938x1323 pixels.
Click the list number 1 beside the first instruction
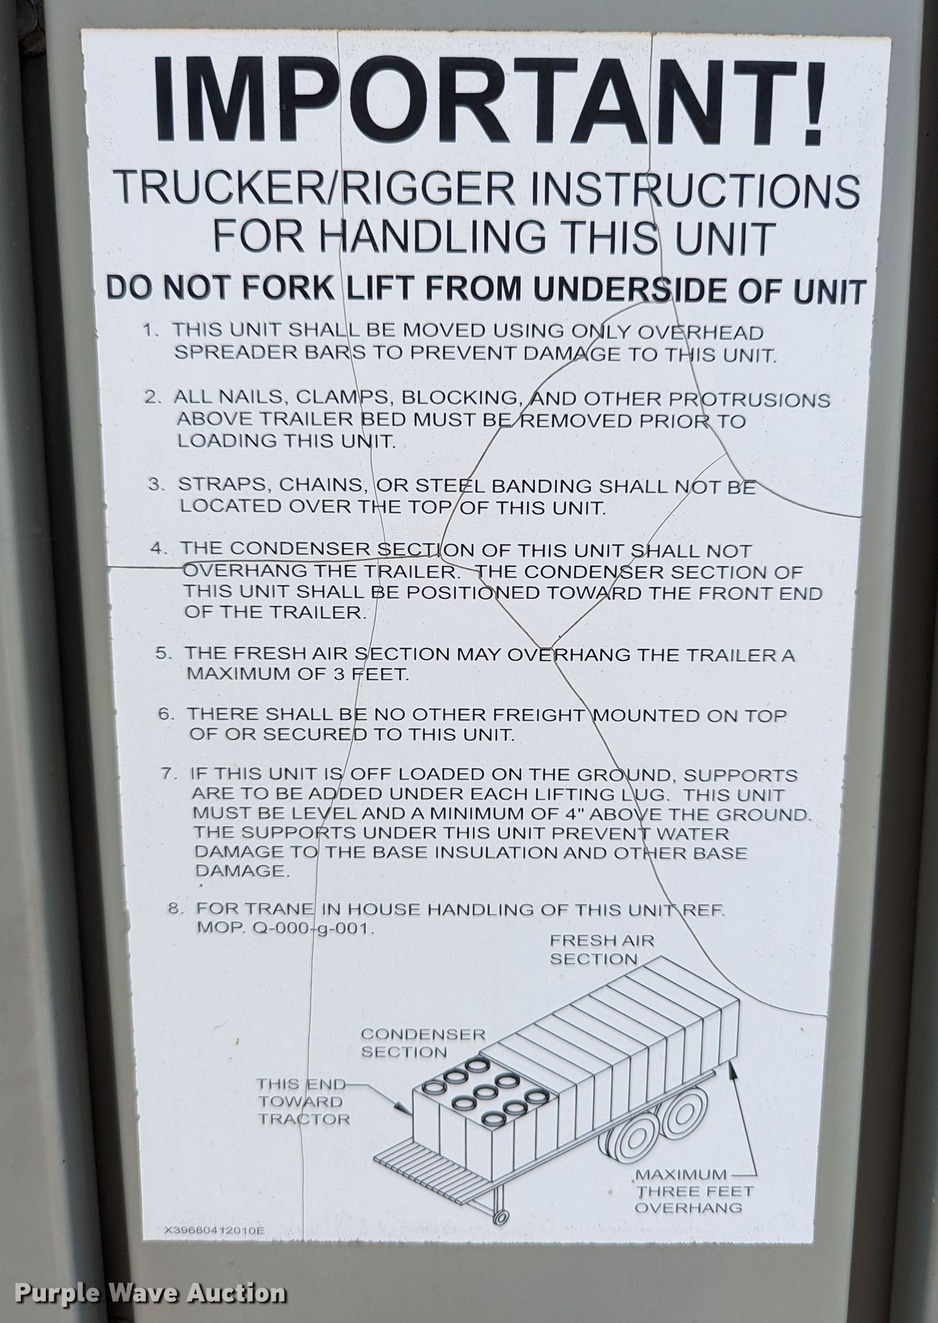[150, 330]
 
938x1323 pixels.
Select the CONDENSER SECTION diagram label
[422, 1043]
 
